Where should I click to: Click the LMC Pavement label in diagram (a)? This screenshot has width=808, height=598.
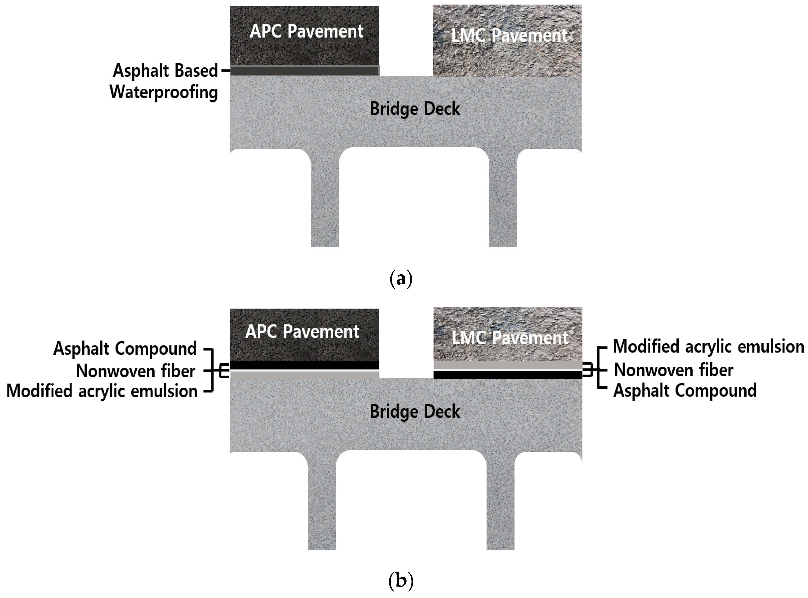pyautogui.click(x=509, y=36)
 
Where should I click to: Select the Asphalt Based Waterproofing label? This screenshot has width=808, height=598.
pyautogui.click(x=165, y=81)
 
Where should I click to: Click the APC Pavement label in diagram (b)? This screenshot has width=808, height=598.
pyautogui.click(x=302, y=332)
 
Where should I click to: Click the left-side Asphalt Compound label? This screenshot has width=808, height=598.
pyautogui.click(x=125, y=348)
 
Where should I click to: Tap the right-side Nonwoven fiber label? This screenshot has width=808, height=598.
pyautogui.click(x=674, y=370)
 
